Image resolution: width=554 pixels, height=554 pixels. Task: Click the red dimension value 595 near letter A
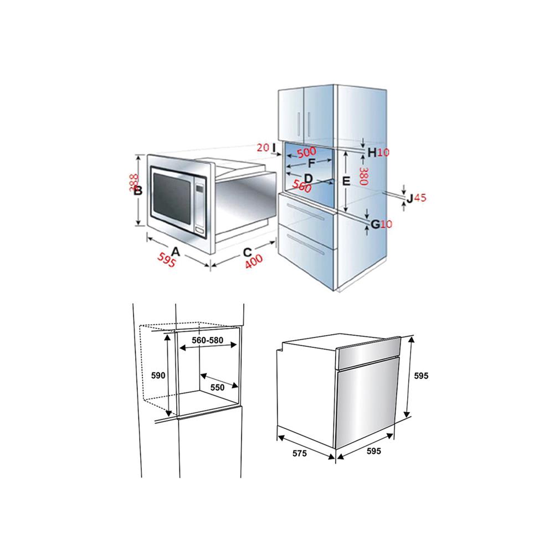tap(166, 260)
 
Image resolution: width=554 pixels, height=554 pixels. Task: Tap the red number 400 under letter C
tap(254, 261)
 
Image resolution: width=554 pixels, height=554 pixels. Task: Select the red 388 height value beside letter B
tap(134, 183)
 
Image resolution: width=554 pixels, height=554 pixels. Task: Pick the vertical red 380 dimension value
tap(363, 176)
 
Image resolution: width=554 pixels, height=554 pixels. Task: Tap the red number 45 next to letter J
tap(420, 198)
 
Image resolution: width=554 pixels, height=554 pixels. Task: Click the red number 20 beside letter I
tap(263, 147)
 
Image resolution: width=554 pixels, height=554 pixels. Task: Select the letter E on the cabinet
tap(346, 181)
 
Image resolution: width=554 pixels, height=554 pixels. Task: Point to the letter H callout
tap(372, 152)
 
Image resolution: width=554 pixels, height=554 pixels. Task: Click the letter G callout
tap(375, 224)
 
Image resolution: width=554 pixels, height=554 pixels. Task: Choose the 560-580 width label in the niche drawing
tap(207, 340)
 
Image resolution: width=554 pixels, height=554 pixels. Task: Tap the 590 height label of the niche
tap(158, 376)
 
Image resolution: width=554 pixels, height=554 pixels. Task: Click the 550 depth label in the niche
tap(217, 388)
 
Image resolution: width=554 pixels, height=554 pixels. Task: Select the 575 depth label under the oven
tap(299, 453)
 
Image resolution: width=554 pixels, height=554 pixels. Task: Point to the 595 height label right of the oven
tap(421, 376)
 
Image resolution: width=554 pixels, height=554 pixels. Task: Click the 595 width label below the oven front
tap(374, 451)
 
